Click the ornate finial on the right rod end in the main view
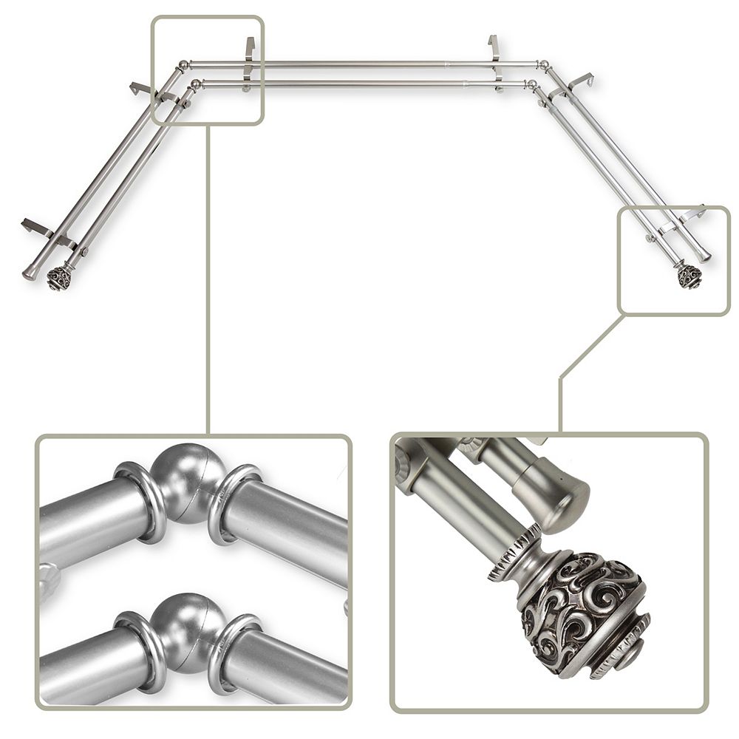coord(689,276)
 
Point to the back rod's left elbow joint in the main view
coord(183,66)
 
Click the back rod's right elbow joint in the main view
coord(544,66)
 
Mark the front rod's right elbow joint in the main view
coord(531,85)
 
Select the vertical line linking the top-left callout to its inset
coord(208,281)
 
